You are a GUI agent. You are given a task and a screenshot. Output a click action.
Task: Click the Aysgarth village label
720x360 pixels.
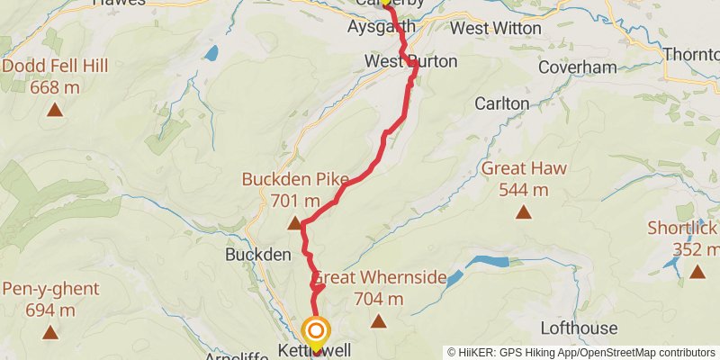[381, 27]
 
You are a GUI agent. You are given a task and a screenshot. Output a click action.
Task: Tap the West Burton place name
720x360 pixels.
[411, 61]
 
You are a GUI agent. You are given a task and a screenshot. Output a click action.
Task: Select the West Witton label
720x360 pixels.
[496, 28]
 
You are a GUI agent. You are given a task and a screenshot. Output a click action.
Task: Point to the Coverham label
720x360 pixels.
[577, 67]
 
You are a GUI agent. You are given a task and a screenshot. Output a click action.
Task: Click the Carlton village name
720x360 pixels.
[502, 103]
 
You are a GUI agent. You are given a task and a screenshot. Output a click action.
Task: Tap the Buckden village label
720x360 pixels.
[257, 255]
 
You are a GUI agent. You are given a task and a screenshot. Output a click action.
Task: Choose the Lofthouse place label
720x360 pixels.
[579, 328]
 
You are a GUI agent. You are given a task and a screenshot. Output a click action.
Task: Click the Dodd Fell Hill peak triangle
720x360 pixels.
[55, 112]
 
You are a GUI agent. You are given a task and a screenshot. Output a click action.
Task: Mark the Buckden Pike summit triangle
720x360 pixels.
[294, 223]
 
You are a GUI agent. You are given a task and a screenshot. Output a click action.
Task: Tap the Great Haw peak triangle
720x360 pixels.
[523, 212]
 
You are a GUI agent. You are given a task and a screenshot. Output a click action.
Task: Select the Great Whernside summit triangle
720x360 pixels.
[379, 321]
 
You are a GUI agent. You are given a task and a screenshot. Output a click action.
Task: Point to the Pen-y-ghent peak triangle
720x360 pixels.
[50, 333]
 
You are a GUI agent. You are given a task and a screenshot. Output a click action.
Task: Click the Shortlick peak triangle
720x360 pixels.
[697, 271]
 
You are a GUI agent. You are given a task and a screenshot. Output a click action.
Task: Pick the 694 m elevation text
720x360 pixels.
[51, 310]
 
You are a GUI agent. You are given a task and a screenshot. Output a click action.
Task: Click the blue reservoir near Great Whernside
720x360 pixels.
[486, 262]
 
